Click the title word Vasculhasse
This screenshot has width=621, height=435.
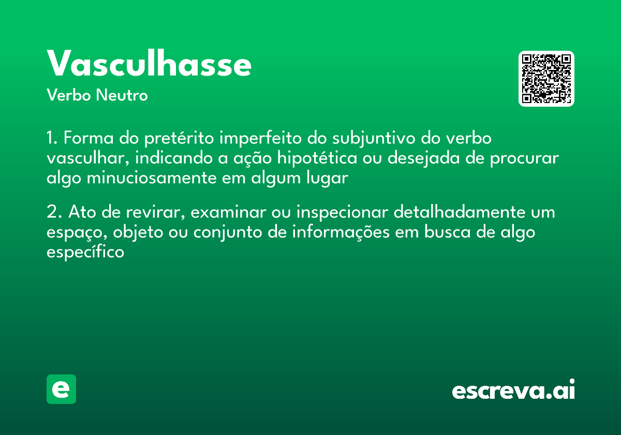tap(149, 64)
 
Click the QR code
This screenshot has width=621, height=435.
tap(546, 79)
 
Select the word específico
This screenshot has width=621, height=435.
tap(85, 252)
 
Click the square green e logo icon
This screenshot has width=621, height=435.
tap(61, 389)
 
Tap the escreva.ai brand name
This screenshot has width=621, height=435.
tap(513, 390)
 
